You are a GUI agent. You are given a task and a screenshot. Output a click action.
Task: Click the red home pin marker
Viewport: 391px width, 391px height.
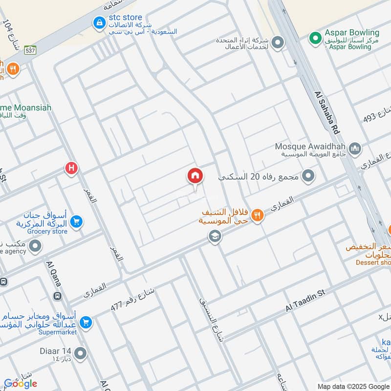tap(195, 176)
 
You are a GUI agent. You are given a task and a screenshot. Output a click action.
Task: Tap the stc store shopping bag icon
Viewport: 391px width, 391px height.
tap(100, 22)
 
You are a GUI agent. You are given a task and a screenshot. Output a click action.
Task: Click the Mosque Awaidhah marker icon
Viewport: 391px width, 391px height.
tap(355, 148)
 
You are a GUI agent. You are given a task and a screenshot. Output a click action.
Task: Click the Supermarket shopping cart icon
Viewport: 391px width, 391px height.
tap(86, 322)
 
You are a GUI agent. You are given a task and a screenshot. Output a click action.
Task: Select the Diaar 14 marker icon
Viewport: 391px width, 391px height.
tap(80, 352)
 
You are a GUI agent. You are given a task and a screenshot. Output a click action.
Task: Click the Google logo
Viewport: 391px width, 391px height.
tap(21, 384)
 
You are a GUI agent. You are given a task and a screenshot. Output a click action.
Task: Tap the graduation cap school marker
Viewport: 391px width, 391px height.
tap(214, 237)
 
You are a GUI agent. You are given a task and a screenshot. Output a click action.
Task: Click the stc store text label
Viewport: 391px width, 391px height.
tap(126, 18)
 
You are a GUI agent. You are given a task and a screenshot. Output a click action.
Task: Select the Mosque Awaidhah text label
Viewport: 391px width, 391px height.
tap(310, 147)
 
